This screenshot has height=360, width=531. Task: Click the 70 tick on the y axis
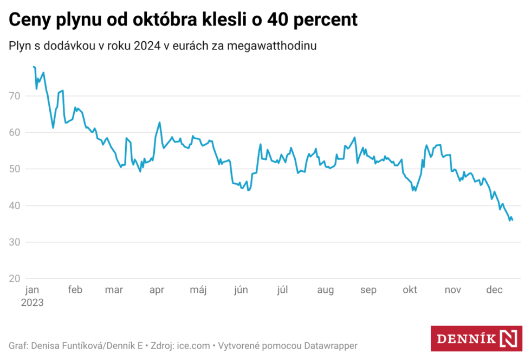[14, 96]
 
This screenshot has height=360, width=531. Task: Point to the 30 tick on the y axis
[14, 242]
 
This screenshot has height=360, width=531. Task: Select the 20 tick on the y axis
[14, 279]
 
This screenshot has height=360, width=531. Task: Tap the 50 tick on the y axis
[14, 169]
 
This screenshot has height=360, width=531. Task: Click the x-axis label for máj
[198, 290]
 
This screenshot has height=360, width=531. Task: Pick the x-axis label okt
[410, 290]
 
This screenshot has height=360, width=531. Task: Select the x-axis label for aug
[325, 290]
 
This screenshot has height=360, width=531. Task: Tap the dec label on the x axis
[494, 290]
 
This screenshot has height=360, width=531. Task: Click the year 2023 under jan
[32, 303]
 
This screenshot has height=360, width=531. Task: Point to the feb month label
[75, 290]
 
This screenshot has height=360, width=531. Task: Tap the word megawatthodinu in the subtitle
[272, 46]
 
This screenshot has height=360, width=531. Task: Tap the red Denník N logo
[476, 339]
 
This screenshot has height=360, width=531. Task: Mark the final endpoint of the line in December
[513, 220]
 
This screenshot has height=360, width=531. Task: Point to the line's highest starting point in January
[34, 67]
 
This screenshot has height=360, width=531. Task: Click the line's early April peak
[159, 123]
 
